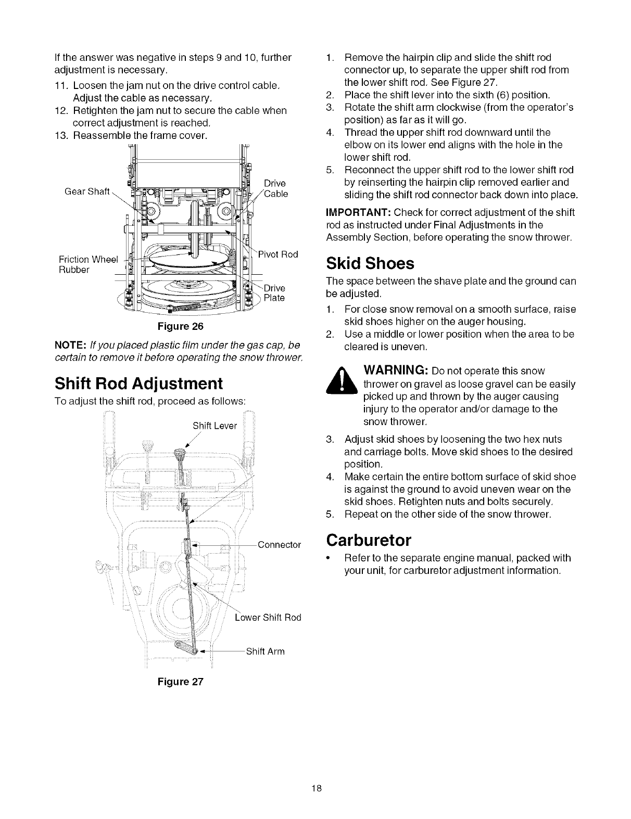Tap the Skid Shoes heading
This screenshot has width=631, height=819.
370,263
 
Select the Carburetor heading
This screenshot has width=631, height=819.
369,540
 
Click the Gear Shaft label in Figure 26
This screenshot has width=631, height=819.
87,191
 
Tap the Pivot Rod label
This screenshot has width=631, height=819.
278,254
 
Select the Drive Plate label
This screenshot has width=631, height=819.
274,293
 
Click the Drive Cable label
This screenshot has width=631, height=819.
275,188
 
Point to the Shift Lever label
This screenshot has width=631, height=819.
214,426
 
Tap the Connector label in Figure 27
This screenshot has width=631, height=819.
279,545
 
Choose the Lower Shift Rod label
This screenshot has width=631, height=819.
268,618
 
